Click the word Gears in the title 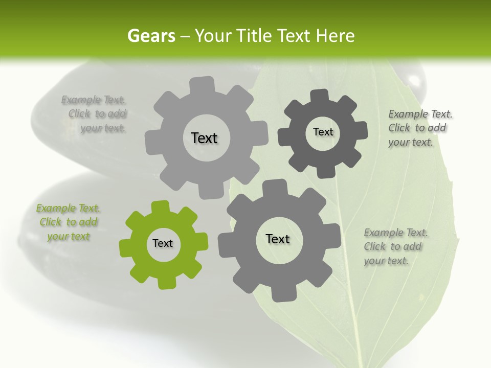(151, 36)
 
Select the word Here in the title (336, 36)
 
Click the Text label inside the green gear (163, 244)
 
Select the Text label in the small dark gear (323, 132)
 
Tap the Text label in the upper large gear (204, 138)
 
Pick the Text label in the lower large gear (278, 239)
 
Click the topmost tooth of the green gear (160, 206)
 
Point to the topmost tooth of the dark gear (319, 96)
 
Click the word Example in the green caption (57, 208)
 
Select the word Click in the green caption (50, 222)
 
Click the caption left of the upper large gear (95, 114)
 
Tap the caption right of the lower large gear (395, 247)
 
